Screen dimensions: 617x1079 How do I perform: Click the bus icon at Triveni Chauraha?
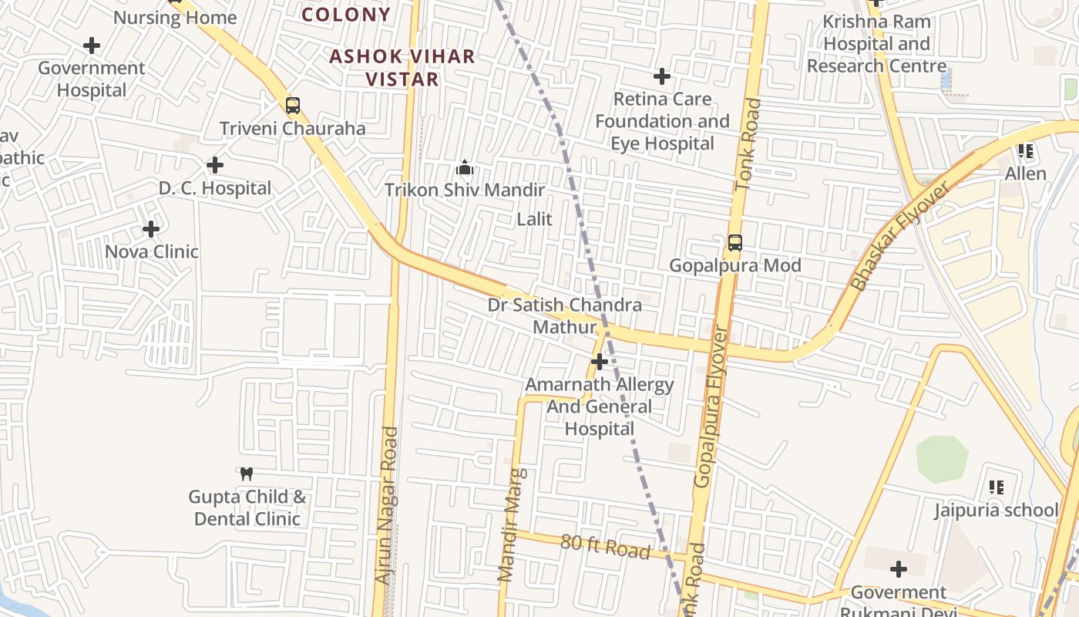tap(292, 106)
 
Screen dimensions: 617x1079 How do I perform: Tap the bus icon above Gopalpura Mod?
tap(735, 244)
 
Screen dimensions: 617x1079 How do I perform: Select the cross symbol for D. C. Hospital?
tap(215, 165)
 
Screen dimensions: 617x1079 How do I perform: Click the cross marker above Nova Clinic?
tap(151, 229)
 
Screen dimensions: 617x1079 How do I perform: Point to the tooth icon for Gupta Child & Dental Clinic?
tap(247, 474)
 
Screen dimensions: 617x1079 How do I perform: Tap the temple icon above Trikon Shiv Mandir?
tap(465, 167)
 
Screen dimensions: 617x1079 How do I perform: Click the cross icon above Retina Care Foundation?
tap(662, 76)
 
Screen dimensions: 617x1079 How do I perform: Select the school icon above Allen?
tap(1025, 151)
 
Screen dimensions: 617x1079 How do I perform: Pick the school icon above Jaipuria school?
tap(997, 487)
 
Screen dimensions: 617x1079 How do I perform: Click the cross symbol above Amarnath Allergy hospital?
tap(599, 361)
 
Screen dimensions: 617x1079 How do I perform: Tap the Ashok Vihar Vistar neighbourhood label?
tap(402, 68)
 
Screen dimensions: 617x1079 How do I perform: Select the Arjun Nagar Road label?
tap(386, 505)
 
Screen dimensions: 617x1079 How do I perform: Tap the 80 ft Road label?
tap(605, 546)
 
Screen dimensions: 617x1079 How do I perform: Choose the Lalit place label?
tap(534, 219)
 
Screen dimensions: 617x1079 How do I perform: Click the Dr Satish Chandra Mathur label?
tap(564, 315)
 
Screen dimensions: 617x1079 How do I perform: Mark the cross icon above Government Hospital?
tap(92, 46)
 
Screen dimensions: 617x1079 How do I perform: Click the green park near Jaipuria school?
tap(942, 459)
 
